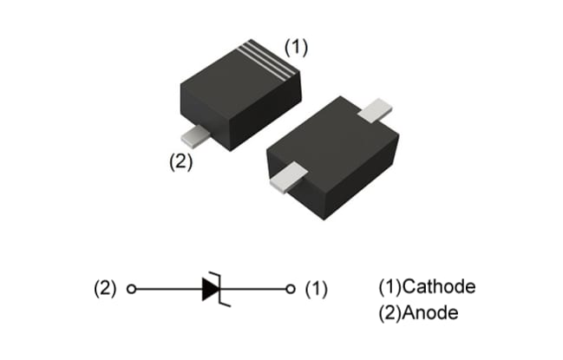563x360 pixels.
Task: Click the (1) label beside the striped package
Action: pos(296,49)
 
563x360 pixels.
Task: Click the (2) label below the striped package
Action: pos(180,161)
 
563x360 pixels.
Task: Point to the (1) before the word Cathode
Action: pos(390,287)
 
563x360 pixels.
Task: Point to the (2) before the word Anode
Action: pos(390,312)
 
